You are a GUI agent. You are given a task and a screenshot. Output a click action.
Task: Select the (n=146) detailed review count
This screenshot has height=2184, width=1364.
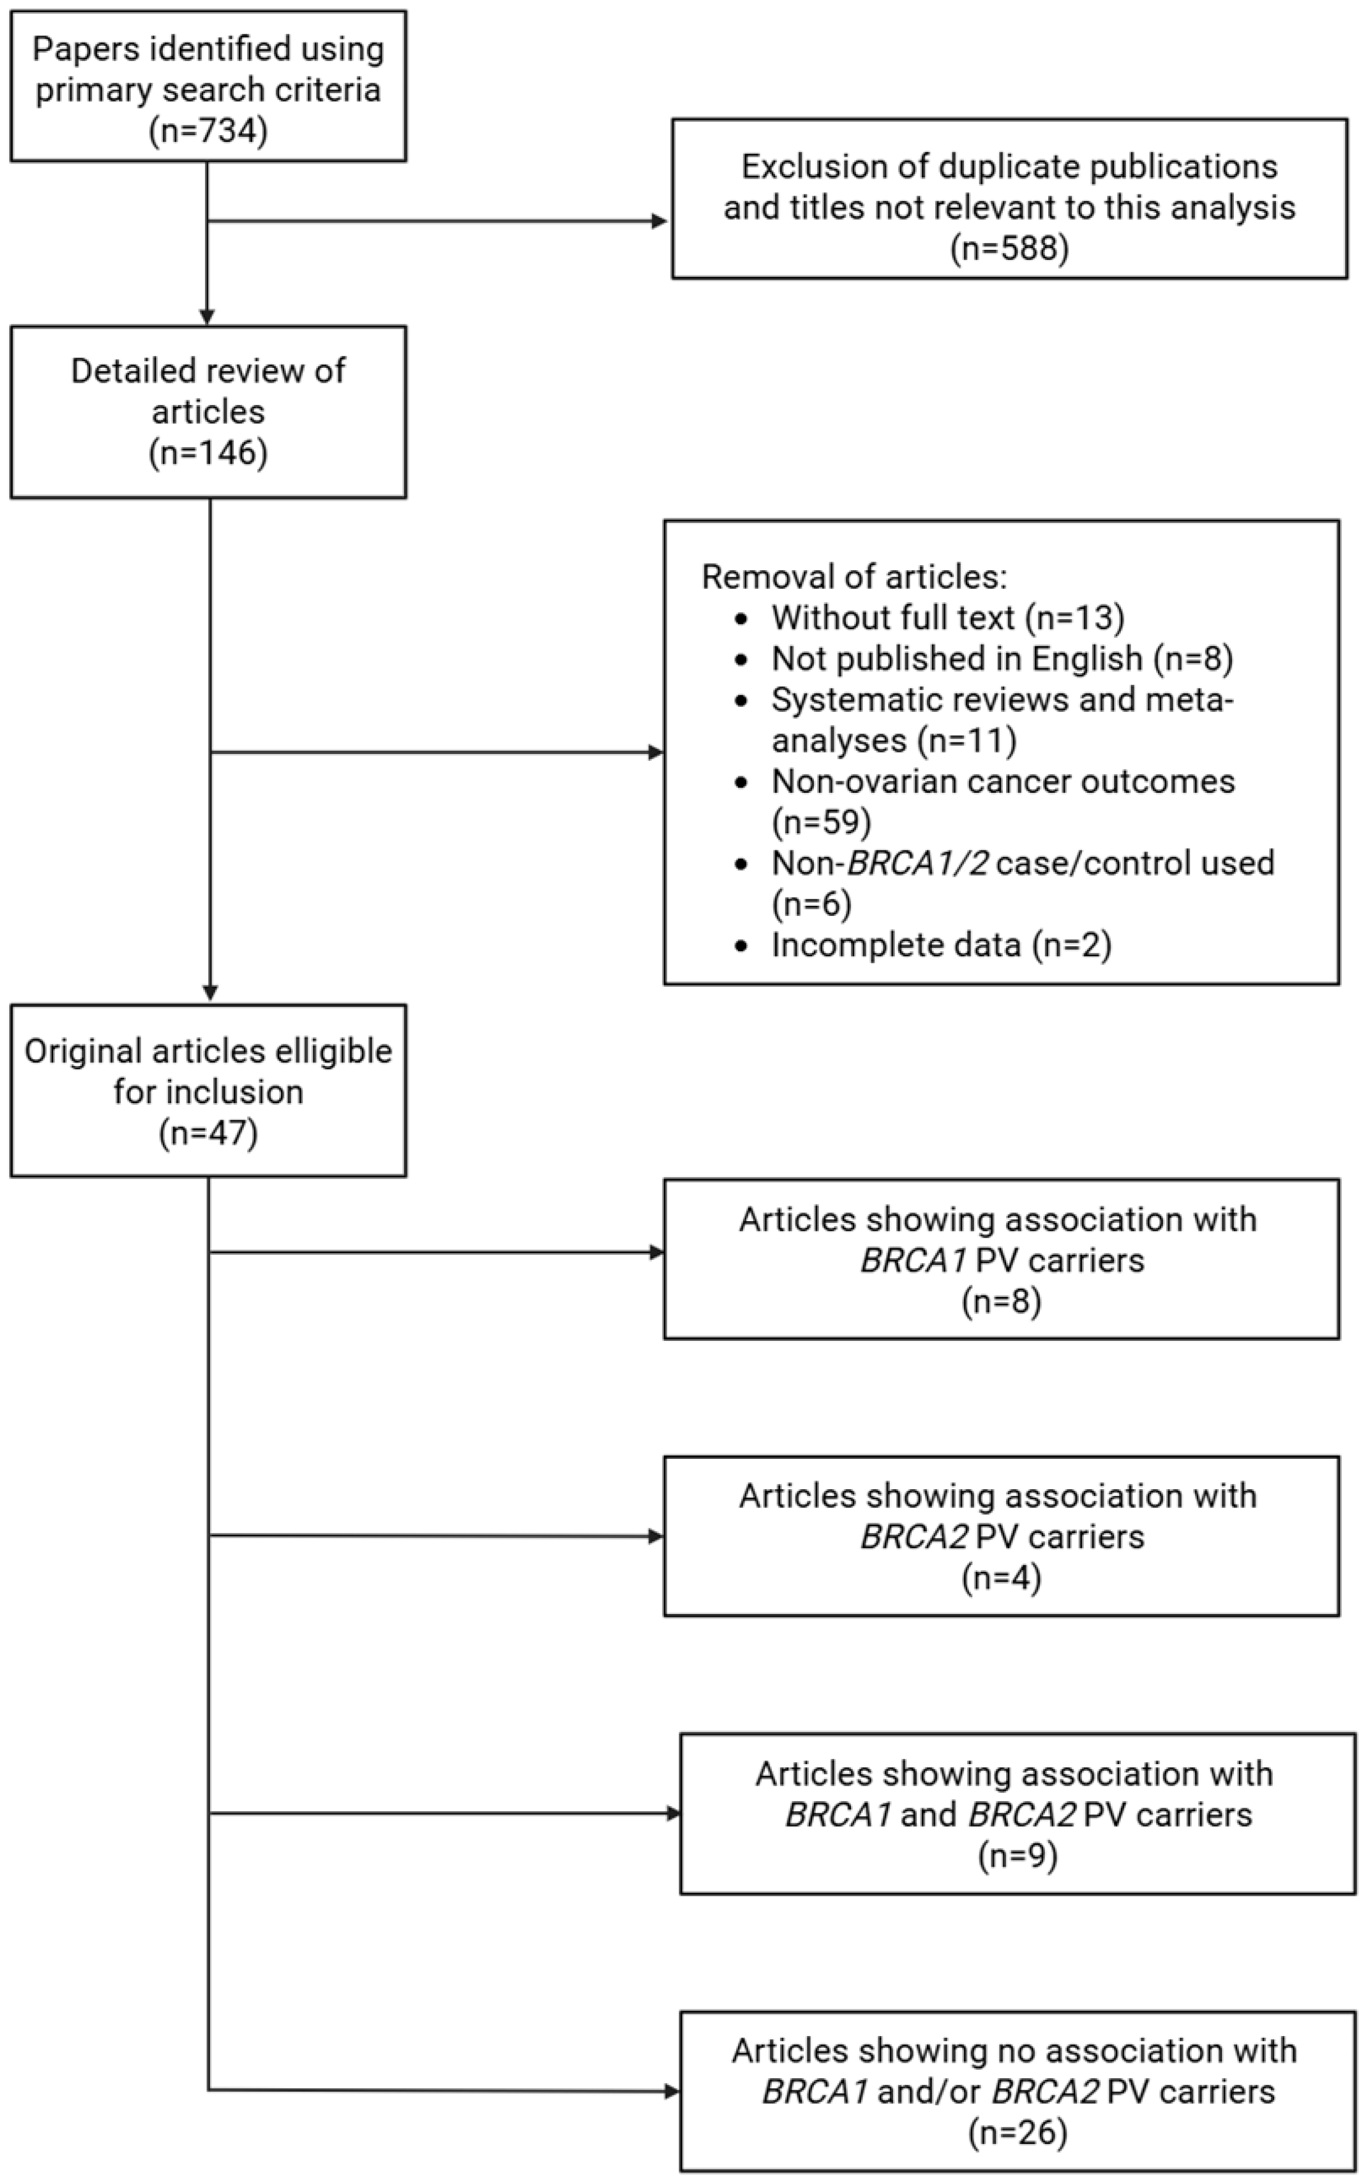(x=208, y=452)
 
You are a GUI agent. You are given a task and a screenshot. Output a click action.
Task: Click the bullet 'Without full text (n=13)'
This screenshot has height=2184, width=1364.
(x=947, y=618)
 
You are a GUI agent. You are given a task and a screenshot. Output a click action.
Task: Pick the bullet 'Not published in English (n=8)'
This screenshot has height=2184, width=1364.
(x=1001, y=659)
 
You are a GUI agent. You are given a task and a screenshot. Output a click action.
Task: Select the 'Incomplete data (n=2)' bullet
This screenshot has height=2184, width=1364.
(x=941, y=945)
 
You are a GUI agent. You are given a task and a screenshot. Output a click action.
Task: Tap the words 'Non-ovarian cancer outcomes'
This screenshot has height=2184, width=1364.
(x=1003, y=781)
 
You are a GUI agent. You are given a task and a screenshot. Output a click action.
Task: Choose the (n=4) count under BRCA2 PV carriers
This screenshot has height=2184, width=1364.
(x=1001, y=1578)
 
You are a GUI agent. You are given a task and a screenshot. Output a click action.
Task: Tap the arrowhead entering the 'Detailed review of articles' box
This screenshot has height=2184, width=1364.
(x=208, y=317)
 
